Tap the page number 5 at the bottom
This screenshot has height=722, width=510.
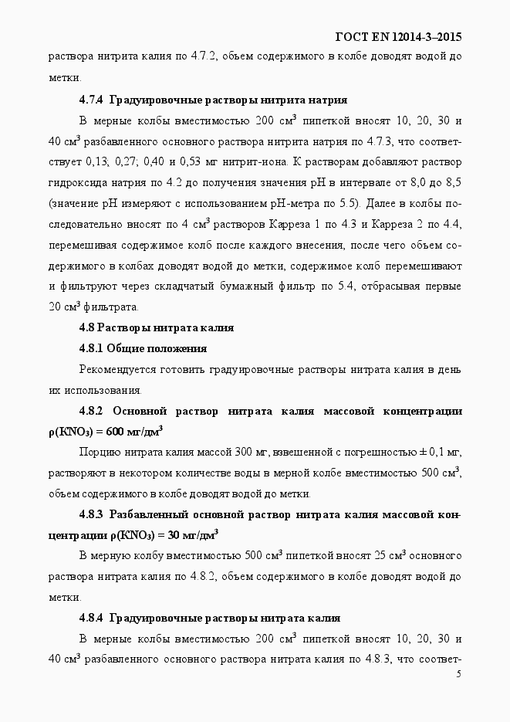click(x=459, y=674)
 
